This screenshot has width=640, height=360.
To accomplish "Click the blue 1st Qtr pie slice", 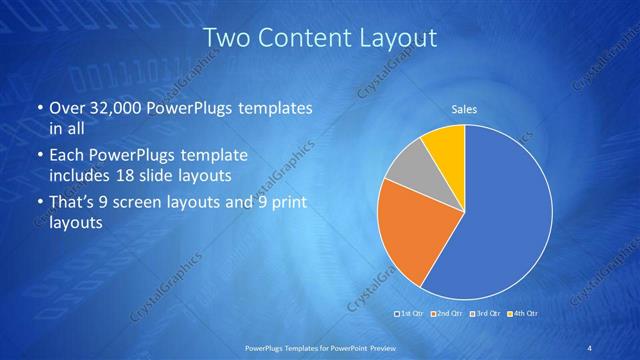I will (500, 220).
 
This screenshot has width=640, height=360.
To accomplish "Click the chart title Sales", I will (464, 109).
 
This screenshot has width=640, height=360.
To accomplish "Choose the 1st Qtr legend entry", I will (411, 314).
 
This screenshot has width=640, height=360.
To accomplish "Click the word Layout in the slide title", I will (397, 39).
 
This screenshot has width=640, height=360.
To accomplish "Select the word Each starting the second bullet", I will (67, 157).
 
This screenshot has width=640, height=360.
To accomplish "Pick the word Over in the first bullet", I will (69, 108).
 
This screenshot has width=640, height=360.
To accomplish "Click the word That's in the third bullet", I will (73, 203).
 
